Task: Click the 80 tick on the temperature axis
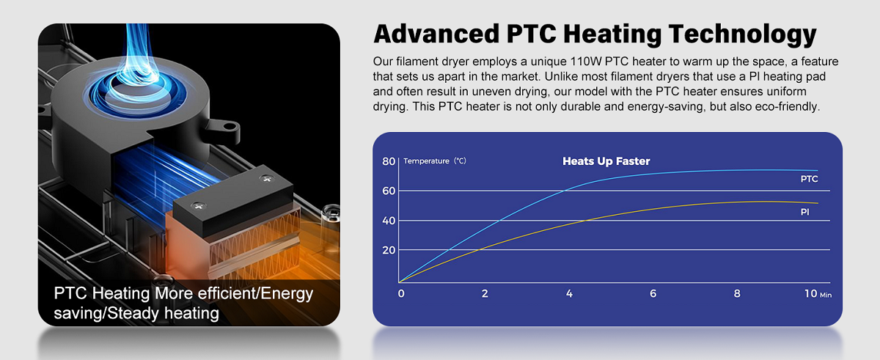coord(388,161)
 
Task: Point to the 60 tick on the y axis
coord(388,191)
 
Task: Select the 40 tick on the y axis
coord(388,220)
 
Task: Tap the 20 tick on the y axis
coord(388,250)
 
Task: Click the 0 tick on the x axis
coord(400,293)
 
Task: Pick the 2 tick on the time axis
coord(484,293)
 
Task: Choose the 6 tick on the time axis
coord(653,293)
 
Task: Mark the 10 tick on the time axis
coord(810,293)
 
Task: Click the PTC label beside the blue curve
coord(809,179)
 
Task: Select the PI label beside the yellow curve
coord(805,211)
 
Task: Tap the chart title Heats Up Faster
coord(606,161)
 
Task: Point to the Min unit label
coord(826,295)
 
